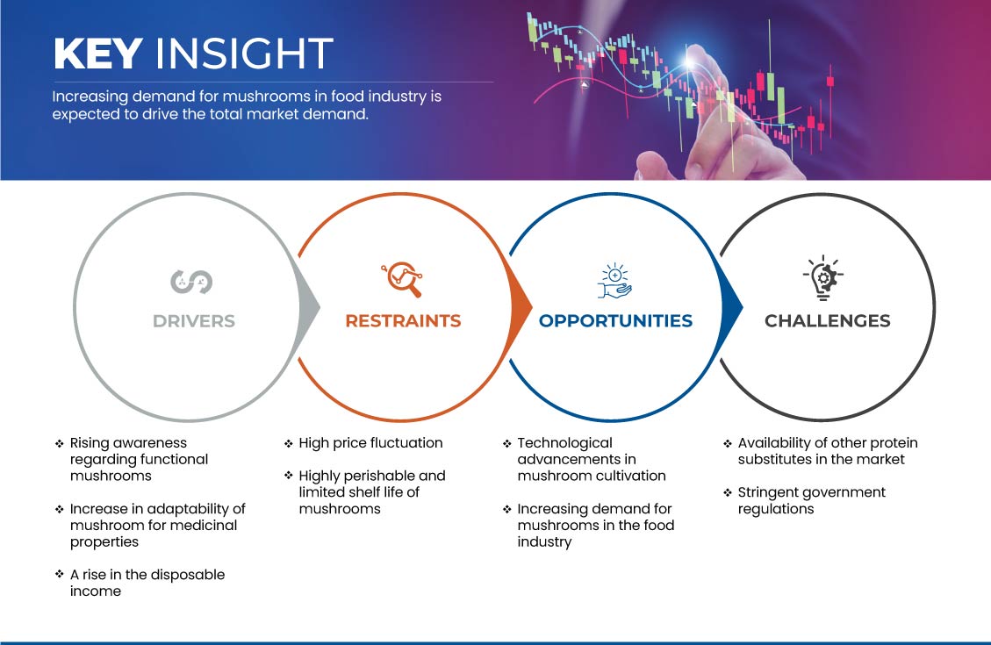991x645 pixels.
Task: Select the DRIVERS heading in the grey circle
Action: [x=194, y=321]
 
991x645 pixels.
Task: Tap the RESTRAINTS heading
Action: [x=403, y=321]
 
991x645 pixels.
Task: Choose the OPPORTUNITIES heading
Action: [x=615, y=321]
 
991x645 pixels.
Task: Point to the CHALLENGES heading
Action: [x=828, y=321]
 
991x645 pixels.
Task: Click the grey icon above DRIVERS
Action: [x=191, y=282]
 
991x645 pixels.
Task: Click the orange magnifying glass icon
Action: [x=402, y=279]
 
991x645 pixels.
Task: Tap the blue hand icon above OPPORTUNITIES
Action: [x=614, y=281]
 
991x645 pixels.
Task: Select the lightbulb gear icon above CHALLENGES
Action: [x=822, y=277]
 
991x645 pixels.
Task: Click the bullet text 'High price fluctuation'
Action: [x=370, y=443]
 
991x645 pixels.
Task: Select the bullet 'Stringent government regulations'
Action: [x=812, y=500]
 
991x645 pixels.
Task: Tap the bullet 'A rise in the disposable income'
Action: [x=147, y=583]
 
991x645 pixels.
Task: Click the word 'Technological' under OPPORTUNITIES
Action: [x=565, y=443]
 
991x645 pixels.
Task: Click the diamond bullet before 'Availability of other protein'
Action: [x=728, y=443]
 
